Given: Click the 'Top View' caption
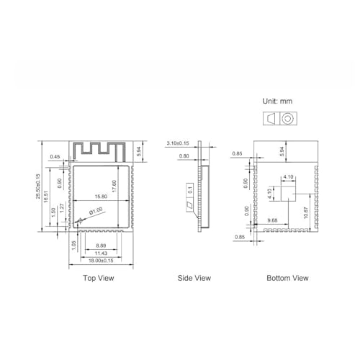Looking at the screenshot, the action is (x=99, y=278).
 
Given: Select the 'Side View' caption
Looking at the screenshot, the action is (x=194, y=278).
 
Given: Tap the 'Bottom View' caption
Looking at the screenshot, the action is (x=287, y=278).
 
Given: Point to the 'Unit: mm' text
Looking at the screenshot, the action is (x=277, y=101).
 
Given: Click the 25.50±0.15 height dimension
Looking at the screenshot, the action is (x=38, y=186).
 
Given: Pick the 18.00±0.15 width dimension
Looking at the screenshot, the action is (x=101, y=261).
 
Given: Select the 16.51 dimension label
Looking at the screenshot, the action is (x=46, y=197).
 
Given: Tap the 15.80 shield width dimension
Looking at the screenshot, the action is (x=101, y=197).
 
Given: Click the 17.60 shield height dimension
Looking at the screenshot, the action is (x=114, y=186).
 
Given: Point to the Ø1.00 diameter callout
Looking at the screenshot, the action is (x=96, y=211).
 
